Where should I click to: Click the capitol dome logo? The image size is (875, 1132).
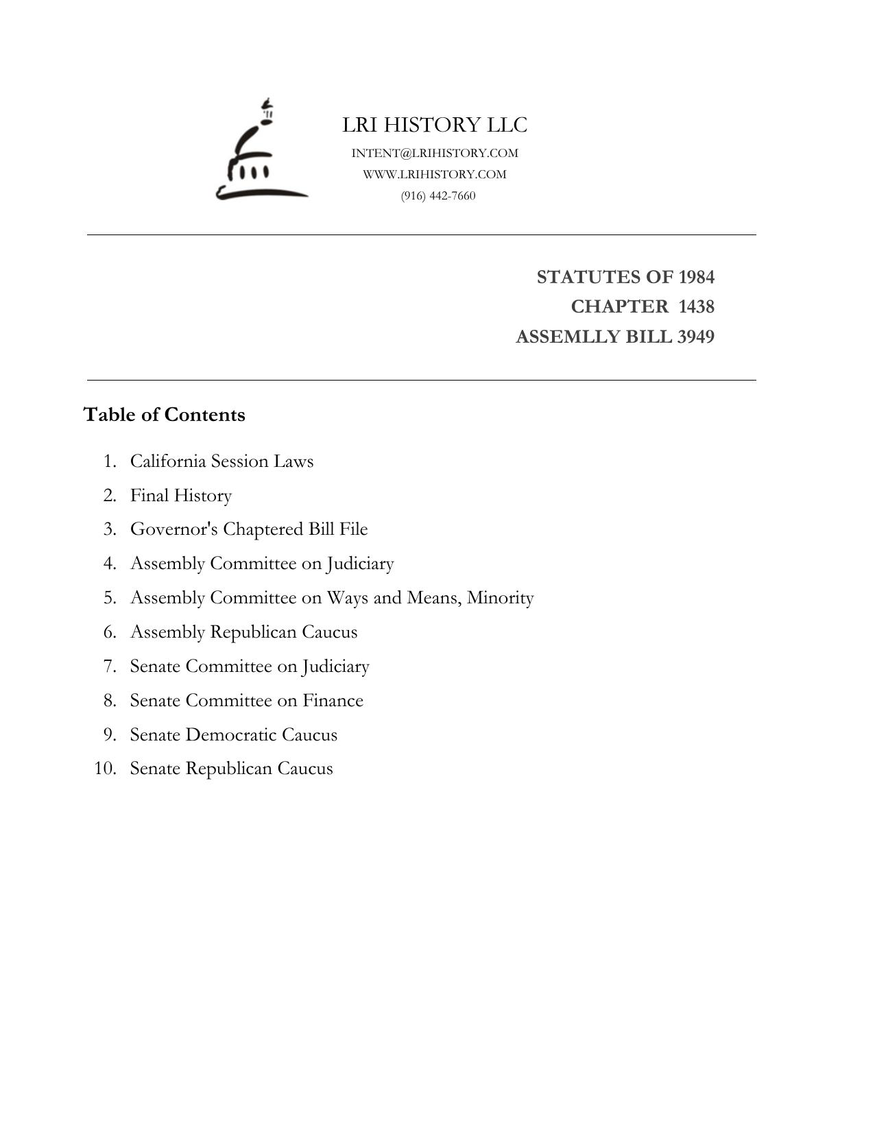[x=261, y=152]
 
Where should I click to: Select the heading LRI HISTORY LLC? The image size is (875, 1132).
[x=435, y=125]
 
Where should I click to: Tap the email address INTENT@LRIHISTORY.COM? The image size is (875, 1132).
[x=435, y=153]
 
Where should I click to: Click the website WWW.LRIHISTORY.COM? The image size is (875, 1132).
[x=435, y=174]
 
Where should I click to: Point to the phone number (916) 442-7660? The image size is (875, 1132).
[x=438, y=195]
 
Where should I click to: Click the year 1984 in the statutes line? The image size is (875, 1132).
[x=696, y=277]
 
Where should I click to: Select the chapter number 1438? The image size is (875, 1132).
[x=696, y=306]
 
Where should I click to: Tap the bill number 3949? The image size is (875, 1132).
[x=695, y=337]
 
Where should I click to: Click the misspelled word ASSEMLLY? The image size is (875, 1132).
[x=560, y=337]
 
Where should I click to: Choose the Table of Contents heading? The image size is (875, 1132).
[x=164, y=415]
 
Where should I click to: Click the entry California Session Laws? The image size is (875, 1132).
[x=221, y=461]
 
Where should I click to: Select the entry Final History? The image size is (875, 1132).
[x=181, y=495]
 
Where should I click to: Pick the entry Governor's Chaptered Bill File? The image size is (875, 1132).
[x=249, y=529]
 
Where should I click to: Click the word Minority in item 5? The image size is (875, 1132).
[x=500, y=598]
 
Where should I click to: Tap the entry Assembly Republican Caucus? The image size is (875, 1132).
[x=243, y=632]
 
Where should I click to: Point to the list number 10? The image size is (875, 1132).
[x=105, y=769]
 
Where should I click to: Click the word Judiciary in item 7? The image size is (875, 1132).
[x=335, y=666]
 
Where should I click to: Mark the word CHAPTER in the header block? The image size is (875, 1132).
[x=619, y=306]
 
